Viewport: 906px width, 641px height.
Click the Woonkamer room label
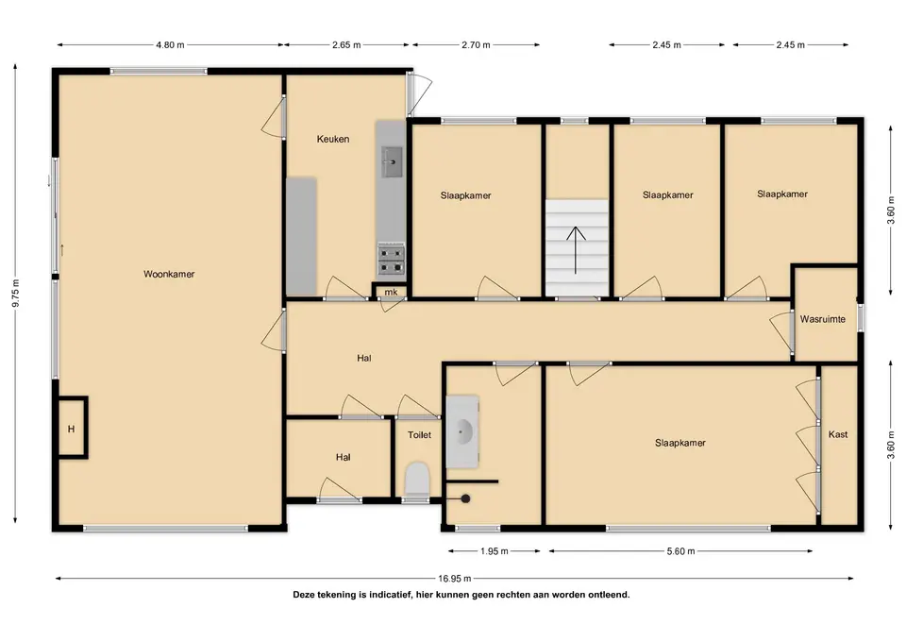[x=169, y=274]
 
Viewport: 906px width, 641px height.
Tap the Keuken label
[x=333, y=139]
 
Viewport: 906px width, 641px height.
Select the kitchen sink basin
[x=393, y=161]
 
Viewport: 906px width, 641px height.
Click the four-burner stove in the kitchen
[x=391, y=260]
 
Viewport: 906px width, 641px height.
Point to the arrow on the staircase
[x=576, y=249]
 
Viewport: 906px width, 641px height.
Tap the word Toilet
[x=419, y=434]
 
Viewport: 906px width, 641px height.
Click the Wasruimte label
[x=823, y=319]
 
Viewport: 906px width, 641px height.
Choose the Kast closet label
[x=838, y=434]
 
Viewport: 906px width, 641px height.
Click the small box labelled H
[x=73, y=429]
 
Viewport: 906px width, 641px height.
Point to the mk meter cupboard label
[x=391, y=292]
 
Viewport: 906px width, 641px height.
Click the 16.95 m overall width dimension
[x=454, y=578]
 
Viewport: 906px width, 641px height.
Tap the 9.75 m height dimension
[x=16, y=293]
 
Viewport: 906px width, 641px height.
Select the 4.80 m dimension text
[x=170, y=44]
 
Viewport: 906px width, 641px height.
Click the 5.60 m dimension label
[x=680, y=550]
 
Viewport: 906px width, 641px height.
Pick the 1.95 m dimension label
[x=494, y=550]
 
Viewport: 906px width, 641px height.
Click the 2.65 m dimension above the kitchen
[x=346, y=44]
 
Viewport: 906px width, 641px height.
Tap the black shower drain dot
[x=465, y=498]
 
